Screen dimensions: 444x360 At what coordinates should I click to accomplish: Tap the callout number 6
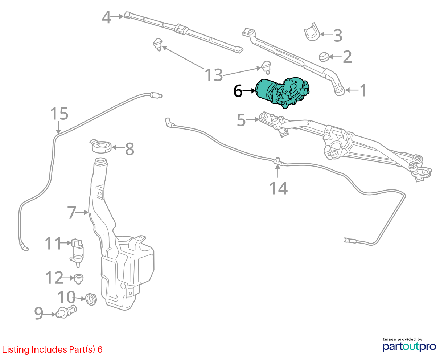(238, 91)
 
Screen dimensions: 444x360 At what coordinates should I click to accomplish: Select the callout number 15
(59, 114)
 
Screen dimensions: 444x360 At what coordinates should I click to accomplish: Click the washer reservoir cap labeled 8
(100, 146)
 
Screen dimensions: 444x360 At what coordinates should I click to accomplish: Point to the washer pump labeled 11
(77, 253)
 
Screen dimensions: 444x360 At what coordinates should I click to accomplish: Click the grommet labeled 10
(91, 299)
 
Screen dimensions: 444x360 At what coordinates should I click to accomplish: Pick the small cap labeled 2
(324, 57)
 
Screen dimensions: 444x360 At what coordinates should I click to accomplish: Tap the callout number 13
(214, 75)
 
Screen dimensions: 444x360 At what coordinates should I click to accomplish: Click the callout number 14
(279, 188)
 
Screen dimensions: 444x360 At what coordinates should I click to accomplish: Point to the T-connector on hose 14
(277, 161)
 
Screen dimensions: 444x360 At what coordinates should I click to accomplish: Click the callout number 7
(72, 213)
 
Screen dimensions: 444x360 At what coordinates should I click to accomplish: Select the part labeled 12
(79, 278)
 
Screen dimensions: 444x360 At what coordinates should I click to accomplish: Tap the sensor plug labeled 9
(66, 312)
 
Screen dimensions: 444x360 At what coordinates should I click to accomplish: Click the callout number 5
(241, 120)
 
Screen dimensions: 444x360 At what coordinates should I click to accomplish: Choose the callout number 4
(106, 17)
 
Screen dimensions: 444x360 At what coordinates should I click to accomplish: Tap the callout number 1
(363, 90)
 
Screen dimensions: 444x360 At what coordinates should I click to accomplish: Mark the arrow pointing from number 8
(118, 147)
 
